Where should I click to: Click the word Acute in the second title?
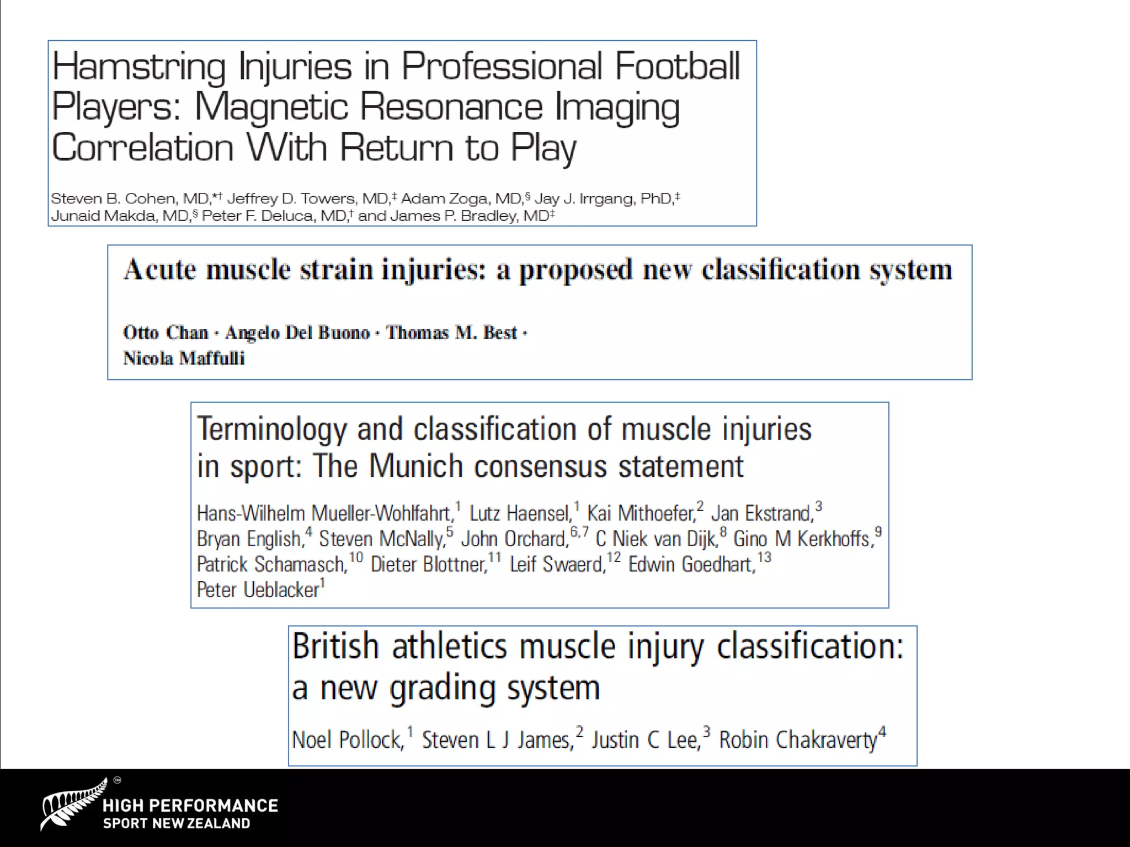pyautogui.click(x=160, y=270)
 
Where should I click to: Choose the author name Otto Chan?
pyautogui.click(x=165, y=333)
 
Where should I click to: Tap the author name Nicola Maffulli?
pyautogui.click(x=184, y=358)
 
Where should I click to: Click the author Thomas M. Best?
pyautogui.click(x=451, y=333)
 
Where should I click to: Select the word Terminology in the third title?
pyautogui.click(x=272, y=430)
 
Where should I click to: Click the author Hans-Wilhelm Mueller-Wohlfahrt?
pyautogui.click(x=324, y=513)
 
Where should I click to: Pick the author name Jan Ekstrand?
pyautogui.click(x=761, y=513)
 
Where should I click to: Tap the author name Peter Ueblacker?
pyautogui.click(x=258, y=589)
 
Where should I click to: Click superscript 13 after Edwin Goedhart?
pyautogui.click(x=764, y=557)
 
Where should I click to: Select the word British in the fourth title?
pyautogui.click(x=335, y=646)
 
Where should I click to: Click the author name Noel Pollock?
pyautogui.click(x=348, y=740)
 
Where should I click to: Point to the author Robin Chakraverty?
pyautogui.click(x=798, y=740)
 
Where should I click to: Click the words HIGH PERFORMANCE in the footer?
pyautogui.click(x=190, y=806)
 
